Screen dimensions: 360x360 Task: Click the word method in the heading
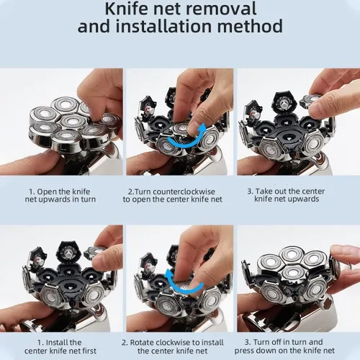pos(250,26)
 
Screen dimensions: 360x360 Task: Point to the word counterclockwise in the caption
pos(184,192)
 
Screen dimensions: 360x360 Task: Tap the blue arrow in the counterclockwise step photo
pos(186,138)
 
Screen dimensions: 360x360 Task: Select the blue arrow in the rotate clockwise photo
pos(183,283)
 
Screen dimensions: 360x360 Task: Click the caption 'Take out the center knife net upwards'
pos(286,195)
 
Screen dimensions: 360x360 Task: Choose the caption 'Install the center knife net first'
pos(60,346)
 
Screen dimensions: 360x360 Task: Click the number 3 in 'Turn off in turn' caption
pos(247,342)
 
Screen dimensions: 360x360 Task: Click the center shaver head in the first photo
pos(73,121)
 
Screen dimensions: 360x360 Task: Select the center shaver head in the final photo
pos(292,274)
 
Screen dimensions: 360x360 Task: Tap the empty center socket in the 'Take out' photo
pos(287,136)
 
